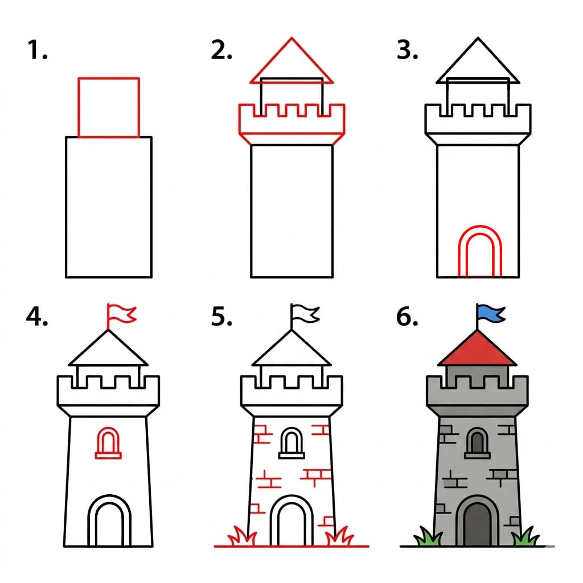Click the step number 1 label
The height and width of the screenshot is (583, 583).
[36, 51]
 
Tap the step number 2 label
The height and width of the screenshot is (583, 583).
[221, 51]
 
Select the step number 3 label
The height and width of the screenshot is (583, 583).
[407, 51]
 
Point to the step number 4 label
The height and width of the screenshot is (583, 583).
[36, 317]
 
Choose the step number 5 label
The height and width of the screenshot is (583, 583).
[221, 317]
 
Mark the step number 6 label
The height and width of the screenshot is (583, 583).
[407, 317]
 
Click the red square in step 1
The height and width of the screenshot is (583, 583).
[109, 108]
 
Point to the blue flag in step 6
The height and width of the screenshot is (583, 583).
[491, 313]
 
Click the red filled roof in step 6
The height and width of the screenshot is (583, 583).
[477, 350]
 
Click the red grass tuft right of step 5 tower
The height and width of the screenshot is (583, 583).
[343, 536]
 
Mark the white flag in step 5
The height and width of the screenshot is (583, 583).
[306, 313]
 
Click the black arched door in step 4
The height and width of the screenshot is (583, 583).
[109, 523]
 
